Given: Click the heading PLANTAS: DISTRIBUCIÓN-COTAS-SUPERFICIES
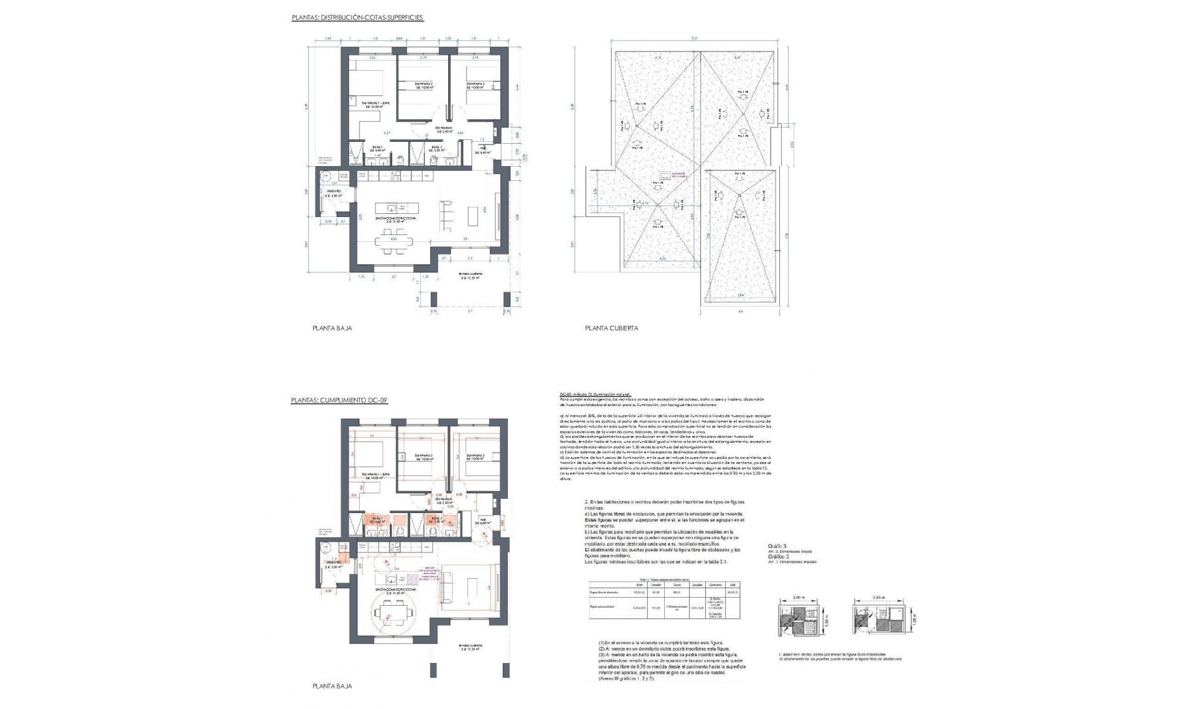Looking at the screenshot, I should pos(357,17).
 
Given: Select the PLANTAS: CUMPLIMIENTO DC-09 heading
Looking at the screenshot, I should pos(339,400).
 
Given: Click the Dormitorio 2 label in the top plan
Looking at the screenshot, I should pos(423,85).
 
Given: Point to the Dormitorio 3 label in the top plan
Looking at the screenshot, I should pos(475,85).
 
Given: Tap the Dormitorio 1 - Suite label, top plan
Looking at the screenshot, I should pos(372,104).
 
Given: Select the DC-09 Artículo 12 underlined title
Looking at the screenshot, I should pos(594,394).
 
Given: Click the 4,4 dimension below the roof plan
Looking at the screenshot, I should pos(740,311).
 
